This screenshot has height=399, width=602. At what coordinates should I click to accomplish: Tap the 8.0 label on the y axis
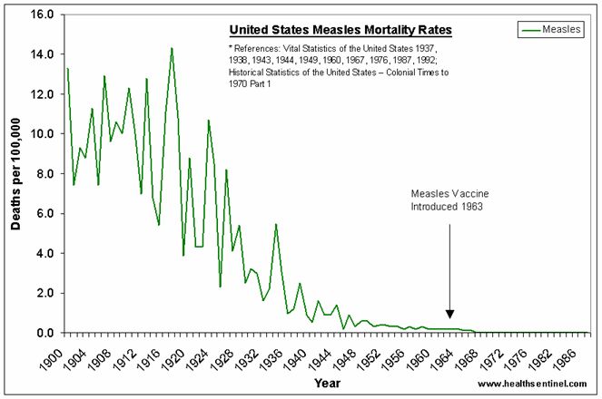pyautogui.click(x=44, y=174)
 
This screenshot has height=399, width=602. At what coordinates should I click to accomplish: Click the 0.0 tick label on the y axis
pyautogui.click(x=44, y=334)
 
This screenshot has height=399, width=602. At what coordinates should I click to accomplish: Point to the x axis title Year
pyautogui.click(x=327, y=384)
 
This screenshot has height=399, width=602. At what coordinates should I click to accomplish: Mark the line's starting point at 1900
pyautogui.click(x=67, y=69)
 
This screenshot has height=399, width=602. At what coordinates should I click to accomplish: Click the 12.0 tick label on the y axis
pyautogui.click(x=42, y=94)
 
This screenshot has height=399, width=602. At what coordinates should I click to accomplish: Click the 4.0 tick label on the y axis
pyautogui.click(x=44, y=254)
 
